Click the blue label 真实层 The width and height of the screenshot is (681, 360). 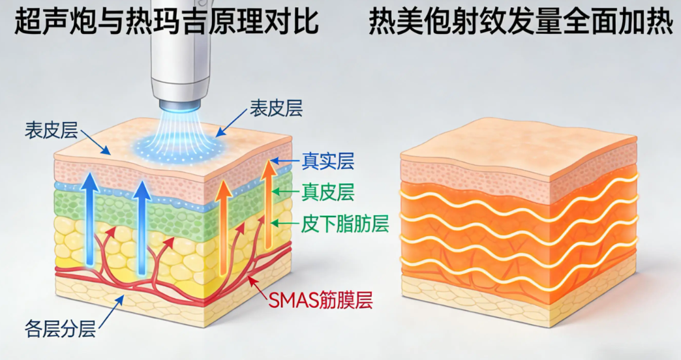coord(328,161)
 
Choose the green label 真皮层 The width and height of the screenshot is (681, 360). coord(328,192)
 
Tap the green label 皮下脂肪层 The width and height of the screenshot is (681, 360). coord(345,224)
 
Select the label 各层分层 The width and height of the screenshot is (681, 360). coord(60,329)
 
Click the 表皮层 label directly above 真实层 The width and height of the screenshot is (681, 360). coord(276,108)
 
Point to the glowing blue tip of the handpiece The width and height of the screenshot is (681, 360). coord(179,105)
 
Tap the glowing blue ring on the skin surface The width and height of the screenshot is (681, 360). coord(180,147)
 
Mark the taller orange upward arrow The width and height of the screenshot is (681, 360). coord(269,205)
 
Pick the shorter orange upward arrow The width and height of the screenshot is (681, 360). coord(224,228)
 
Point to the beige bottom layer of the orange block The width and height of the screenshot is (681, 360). coord(517,299)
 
